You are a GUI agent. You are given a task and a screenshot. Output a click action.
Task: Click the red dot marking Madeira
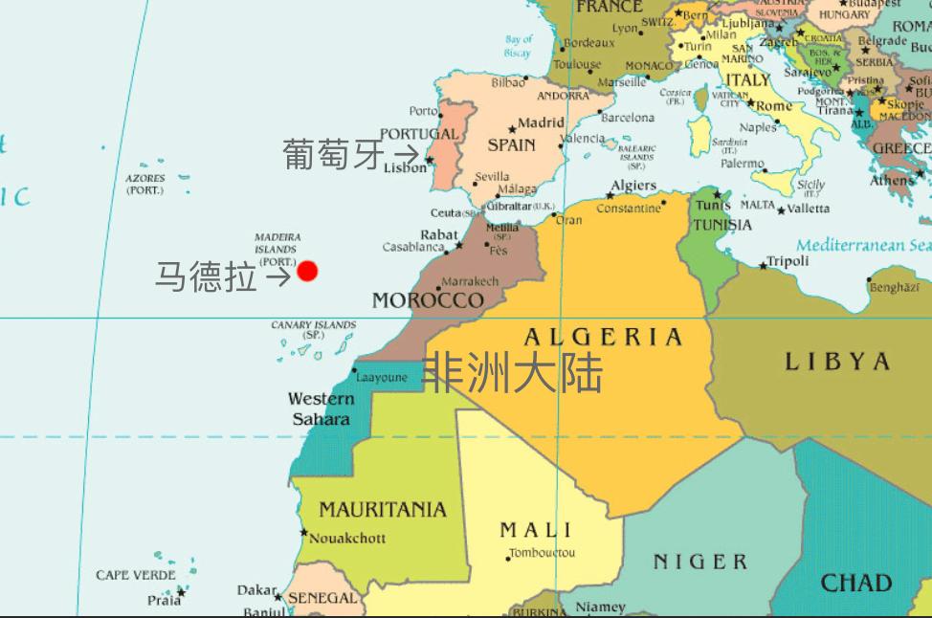[306, 272]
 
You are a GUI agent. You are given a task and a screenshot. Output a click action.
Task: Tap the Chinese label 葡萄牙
[333, 154]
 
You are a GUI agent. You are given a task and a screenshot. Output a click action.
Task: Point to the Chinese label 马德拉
[206, 276]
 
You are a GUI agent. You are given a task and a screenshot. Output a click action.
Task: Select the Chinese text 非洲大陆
[513, 373]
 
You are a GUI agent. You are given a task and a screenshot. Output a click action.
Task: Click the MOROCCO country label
[428, 300]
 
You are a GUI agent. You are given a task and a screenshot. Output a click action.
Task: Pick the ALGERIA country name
[603, 337]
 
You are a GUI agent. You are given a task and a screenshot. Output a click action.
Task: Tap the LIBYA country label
[837, 362]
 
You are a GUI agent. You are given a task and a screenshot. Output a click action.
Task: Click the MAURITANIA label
[382, 509]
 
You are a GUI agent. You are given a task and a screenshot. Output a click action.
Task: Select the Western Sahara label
[321, 408]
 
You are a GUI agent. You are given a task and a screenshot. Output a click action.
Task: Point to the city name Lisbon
[405, 167]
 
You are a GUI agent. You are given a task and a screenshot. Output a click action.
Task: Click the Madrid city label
[541, 123]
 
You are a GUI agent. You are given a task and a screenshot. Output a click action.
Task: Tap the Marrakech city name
[470, 281]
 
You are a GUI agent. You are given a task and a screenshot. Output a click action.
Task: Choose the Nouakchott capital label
[347, 538]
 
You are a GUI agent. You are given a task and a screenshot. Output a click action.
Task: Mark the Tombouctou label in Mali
[542, 553]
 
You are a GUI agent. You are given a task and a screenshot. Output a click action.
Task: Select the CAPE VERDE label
[135, 575]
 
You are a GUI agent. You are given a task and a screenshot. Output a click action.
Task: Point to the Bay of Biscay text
[518, 47]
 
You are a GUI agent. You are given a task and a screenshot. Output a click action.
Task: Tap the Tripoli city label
[788, 261]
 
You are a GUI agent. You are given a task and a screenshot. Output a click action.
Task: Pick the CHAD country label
[855, 583]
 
